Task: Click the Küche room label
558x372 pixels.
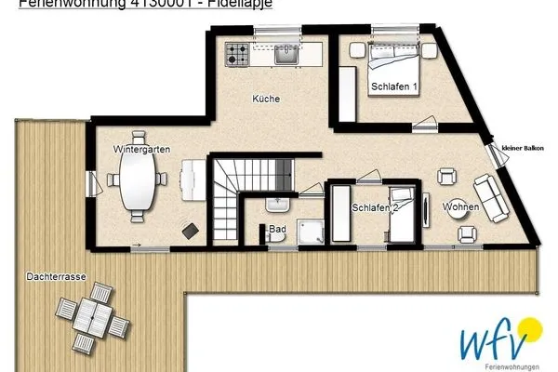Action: pos(266,99)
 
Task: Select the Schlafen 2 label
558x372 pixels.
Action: pos(376,208)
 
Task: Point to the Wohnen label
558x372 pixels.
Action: pos(461,206)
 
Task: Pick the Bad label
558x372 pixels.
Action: pos(277,228)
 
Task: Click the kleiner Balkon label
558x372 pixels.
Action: pos(522,148)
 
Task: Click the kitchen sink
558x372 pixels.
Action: pos(286,55)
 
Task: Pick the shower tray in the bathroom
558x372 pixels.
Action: pos(310,232)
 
